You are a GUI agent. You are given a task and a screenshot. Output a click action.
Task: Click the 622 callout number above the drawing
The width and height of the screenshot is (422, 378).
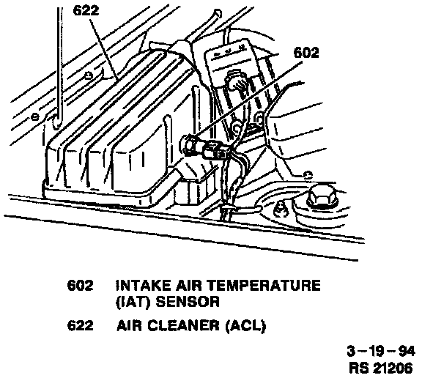tap(86, 11)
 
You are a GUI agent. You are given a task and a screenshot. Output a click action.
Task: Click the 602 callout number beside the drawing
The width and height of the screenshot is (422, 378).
tap(306, 53)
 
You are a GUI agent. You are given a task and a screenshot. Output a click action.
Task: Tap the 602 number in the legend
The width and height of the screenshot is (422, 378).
tap(80, 286)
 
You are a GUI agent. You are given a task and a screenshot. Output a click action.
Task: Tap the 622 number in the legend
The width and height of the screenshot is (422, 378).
tap(80, 326)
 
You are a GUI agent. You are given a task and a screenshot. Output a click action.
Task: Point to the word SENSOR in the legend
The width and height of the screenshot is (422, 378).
tap(188, 302)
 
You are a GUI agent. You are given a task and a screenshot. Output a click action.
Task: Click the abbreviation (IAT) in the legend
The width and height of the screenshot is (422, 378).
tap(133, 302)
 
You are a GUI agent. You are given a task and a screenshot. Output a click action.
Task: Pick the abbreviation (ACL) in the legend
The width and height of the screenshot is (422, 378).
tap(245, 326)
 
